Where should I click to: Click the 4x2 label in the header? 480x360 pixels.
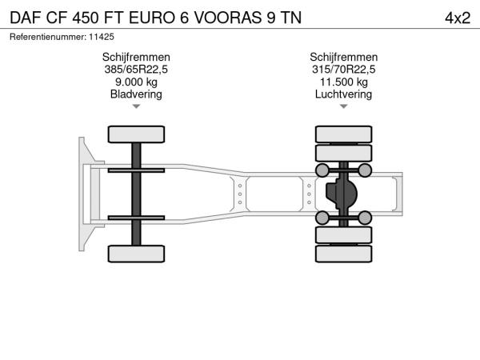458,18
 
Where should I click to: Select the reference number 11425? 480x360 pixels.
102,37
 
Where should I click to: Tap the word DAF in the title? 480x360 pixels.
26,18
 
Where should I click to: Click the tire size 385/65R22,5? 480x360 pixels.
136,70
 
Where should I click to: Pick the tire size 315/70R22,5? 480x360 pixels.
343,70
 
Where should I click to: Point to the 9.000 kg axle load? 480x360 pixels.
136,82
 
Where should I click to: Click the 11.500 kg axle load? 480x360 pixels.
344,82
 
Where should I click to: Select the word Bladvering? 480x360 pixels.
136,94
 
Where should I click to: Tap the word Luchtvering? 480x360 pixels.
343,94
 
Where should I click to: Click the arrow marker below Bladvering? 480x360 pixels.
136,106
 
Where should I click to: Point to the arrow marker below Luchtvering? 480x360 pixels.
344,106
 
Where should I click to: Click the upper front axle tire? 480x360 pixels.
136,134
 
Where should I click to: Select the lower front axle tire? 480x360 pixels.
136,254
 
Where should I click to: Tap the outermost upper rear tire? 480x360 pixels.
344,134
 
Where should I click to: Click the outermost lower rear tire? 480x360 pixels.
344,254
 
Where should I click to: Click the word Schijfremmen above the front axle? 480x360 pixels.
136,58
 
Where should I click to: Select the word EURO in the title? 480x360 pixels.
152,18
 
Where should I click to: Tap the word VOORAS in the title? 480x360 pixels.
228,18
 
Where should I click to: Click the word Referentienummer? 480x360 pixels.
48,37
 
